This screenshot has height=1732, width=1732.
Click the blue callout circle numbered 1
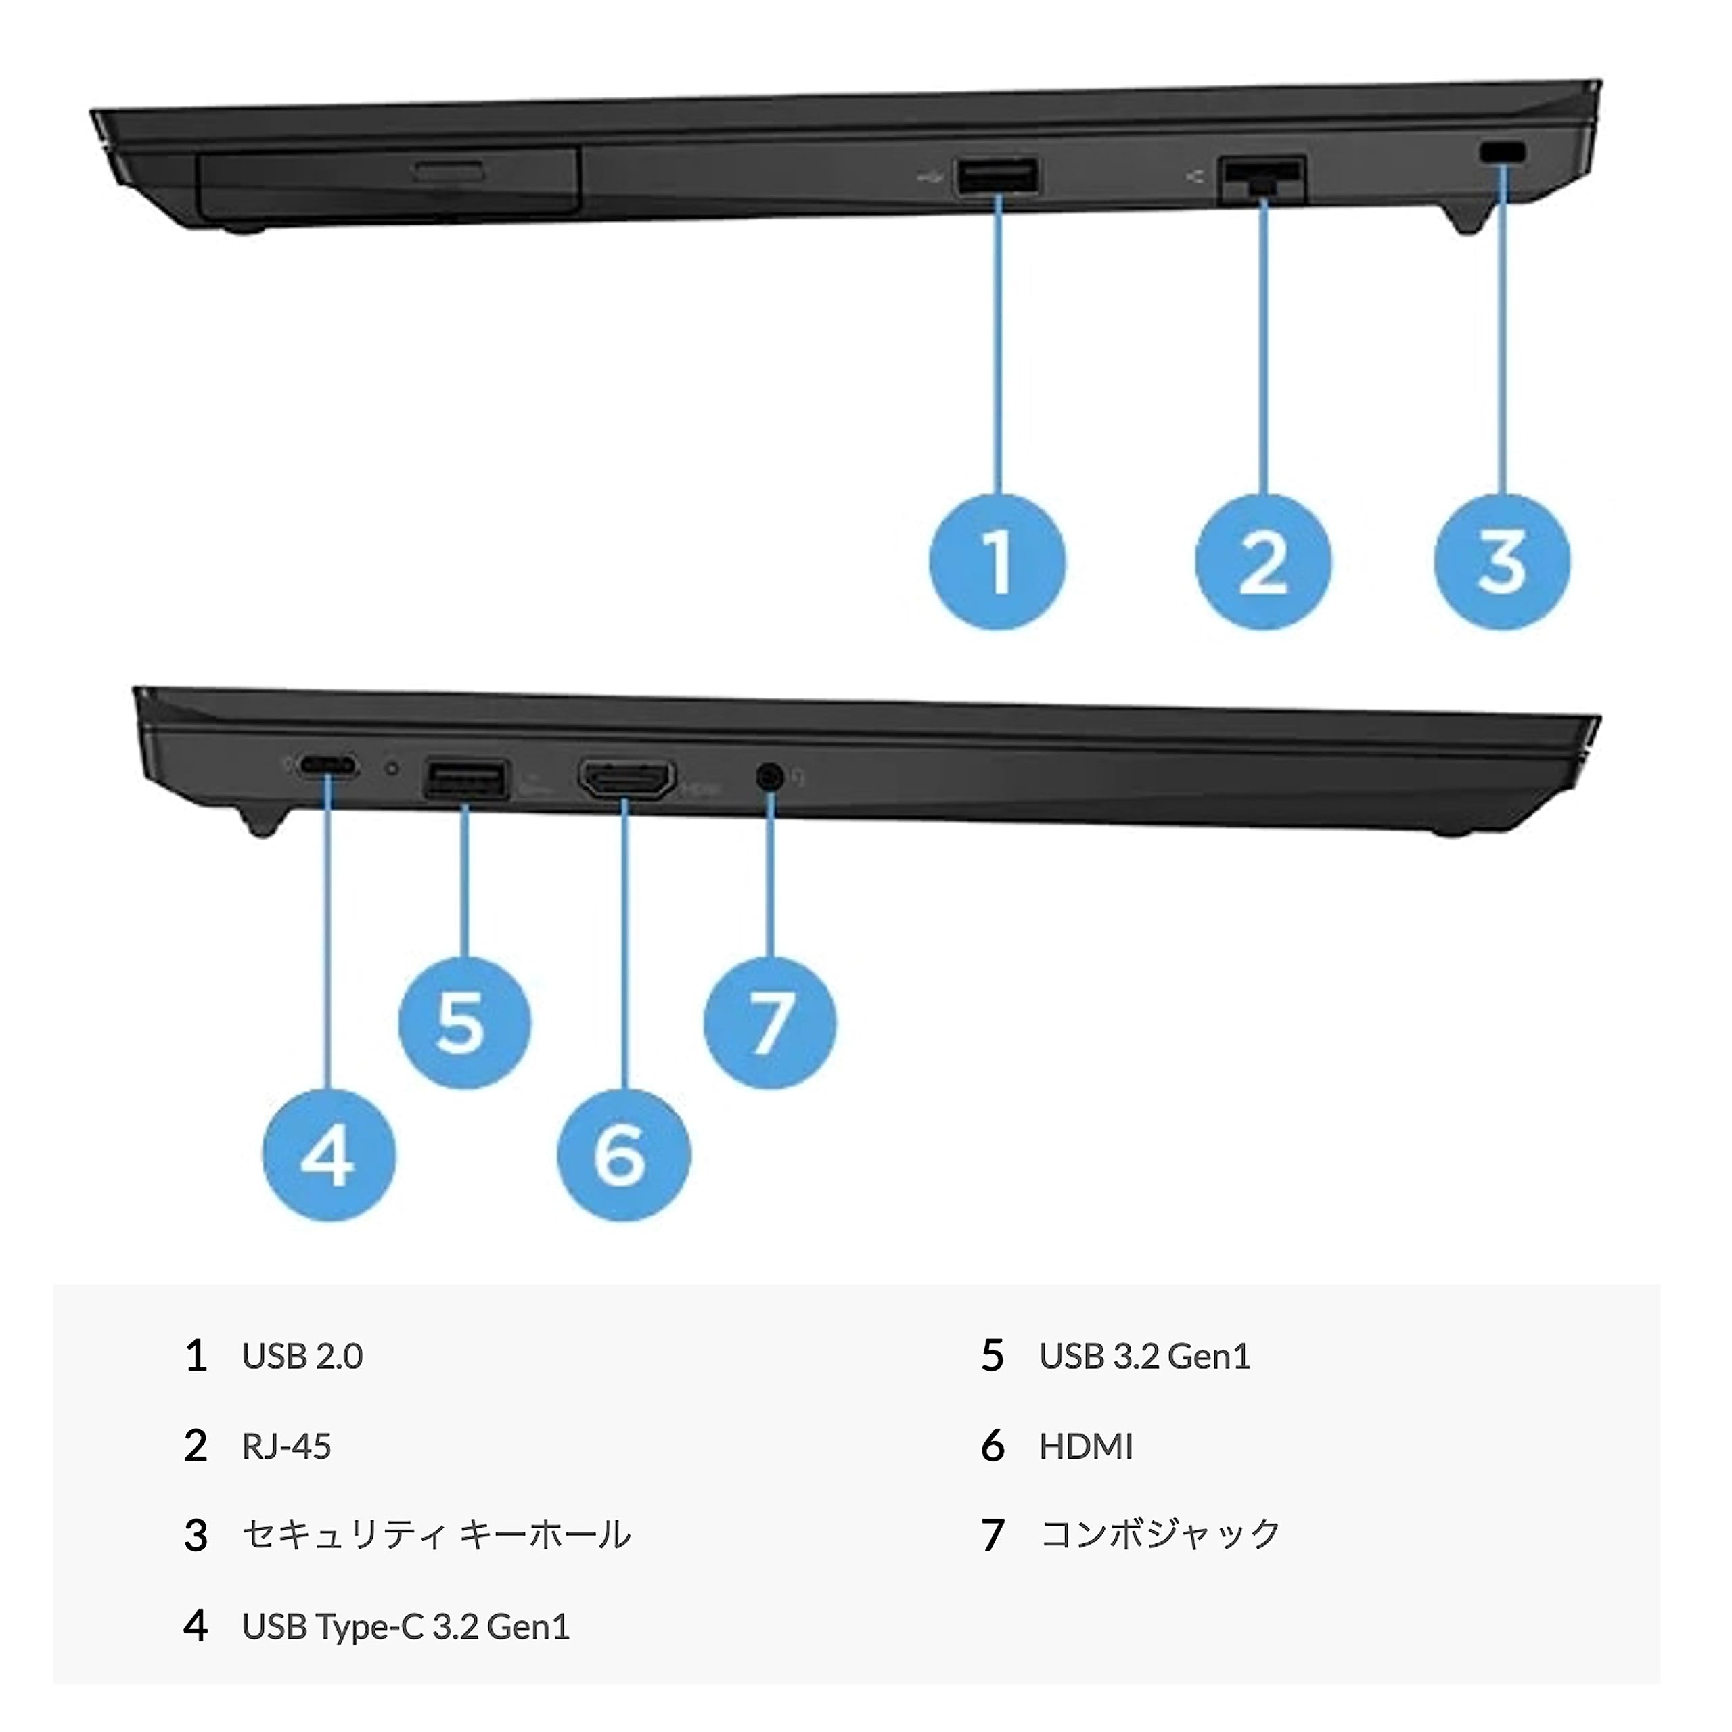(x=998, y=562)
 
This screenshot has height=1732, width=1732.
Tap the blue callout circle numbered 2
(x=1263, y=562)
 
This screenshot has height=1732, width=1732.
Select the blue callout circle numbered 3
(x=1503, y=562)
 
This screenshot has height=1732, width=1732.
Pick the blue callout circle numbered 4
(x=329, y=1155)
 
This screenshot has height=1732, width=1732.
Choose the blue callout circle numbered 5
(x=463, y=1023)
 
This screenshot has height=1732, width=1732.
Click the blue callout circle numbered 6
(x=623, y=1155)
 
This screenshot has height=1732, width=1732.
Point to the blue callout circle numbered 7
(x=770, y=1023)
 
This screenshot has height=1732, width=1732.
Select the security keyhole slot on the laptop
(x=1503, y=154)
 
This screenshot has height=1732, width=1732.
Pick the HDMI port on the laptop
(x=626, y=779)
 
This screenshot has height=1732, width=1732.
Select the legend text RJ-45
(x=286, y=1446)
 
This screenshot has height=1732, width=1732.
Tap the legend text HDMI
(x=1086, y=1446)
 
